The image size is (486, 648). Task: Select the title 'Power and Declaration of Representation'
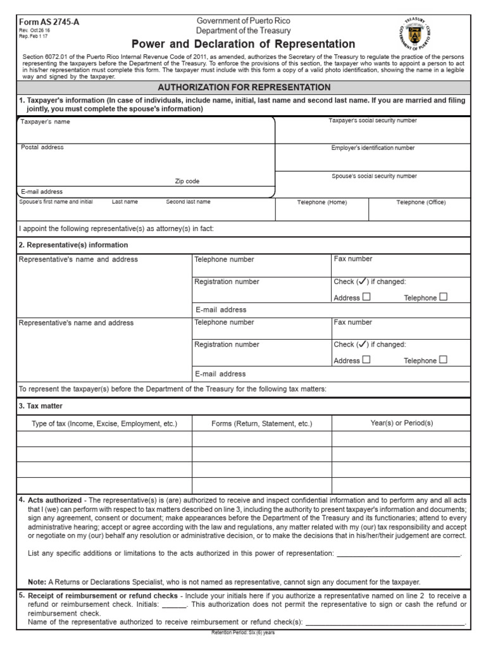click(x=244, y=44)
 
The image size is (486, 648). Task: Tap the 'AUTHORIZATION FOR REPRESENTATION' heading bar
click(x=244, y=87)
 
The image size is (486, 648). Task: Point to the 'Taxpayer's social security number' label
click(x=373, y=121)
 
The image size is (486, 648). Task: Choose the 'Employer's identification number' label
click(x=373, y=148)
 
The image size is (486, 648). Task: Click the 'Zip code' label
click(x=187, y=182)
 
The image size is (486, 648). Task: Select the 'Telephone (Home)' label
click(x=322, y=202)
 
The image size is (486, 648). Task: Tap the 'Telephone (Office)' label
click(x=421, y=202)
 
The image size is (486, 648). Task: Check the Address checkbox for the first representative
click(x=367, y=297)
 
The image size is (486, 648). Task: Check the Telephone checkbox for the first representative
click(x=443, y=297)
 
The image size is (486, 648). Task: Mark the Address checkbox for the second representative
click(x=367, y=359)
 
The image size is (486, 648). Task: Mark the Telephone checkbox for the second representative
click(x=443, y=359)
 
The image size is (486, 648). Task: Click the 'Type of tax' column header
click(x=104, y=423)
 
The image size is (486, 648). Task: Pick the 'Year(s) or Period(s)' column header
click(x=401, y=423)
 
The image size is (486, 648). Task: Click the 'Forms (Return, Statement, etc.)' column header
click(x=262, y=423)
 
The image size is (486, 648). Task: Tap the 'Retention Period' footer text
click(x=243, y=632)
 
